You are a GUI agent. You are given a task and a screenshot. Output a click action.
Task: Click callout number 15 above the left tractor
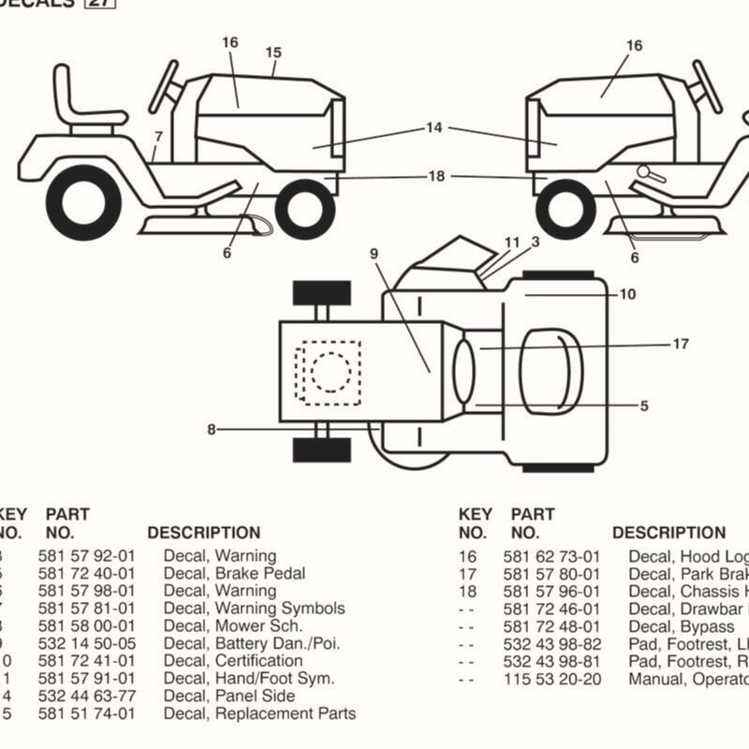[x=273, y=52]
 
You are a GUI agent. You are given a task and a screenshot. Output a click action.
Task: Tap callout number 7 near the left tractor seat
[x=159, y=137]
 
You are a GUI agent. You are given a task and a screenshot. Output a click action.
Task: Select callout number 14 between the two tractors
[x=433, y=128]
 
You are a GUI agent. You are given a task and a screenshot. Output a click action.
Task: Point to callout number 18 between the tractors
[x=436, y=176]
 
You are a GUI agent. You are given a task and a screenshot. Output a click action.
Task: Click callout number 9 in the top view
[x=374, y=253]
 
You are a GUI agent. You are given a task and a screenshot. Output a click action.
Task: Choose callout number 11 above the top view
[x=511, y=242]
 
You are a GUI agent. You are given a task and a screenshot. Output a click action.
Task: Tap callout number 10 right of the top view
[x=627, y=294]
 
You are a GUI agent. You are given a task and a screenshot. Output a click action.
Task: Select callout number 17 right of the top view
[x=681, y=345]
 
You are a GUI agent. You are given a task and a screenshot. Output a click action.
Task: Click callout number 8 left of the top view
[x=212, y=430]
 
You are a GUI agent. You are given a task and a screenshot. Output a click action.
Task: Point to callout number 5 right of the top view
[x=644, y=406]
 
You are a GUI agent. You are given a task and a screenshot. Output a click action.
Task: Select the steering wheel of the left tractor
[x=165, y=85]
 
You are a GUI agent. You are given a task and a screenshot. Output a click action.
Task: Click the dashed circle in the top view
[x=330, y=372]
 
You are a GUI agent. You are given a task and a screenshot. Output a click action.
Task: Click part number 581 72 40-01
[x=86, y=573]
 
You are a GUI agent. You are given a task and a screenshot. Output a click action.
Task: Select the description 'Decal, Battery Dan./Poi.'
[x=252, y=643]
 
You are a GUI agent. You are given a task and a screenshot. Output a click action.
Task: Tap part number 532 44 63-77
[x=86, y=696]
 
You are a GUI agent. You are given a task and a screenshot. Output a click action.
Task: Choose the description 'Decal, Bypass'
[x=681, y=626]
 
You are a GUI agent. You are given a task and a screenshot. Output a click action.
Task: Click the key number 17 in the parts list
[x=467, y=573]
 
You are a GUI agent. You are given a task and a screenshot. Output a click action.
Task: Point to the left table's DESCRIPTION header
[x=204, y=533]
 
